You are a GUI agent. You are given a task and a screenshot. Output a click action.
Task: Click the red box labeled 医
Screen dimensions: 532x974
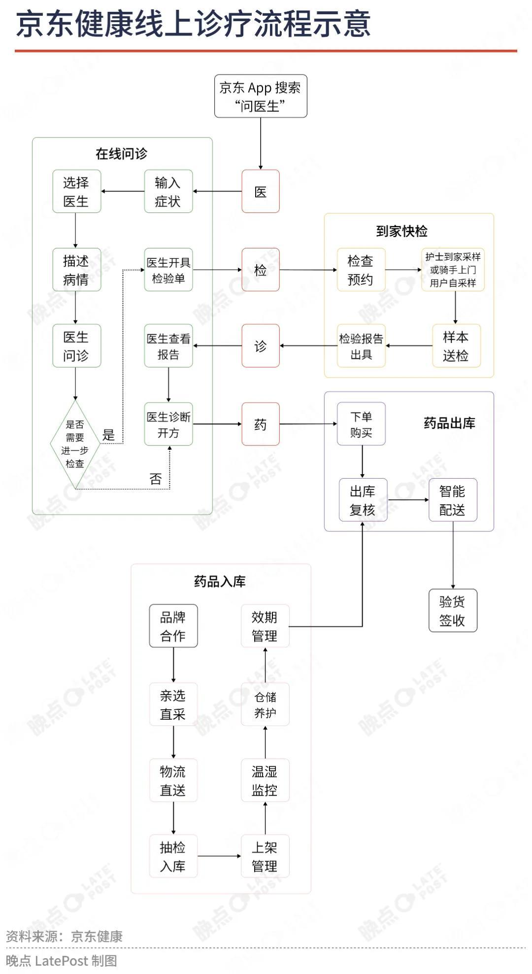coord(261,191)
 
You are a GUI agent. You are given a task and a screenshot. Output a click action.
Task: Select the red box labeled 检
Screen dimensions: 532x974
coord(261,270)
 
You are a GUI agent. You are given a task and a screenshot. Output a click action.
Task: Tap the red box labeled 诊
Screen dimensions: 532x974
coord(261,346)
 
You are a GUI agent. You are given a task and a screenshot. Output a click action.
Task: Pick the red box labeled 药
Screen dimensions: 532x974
coord(261,424)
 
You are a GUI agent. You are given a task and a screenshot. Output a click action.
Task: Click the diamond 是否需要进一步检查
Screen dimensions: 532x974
coord(75,444)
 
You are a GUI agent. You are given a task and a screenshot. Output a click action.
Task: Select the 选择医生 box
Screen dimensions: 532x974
coord(77,191)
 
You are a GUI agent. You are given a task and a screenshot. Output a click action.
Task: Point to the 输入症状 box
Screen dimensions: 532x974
coord(168,191)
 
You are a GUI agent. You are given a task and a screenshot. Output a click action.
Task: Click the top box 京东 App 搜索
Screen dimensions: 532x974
coord(261,96)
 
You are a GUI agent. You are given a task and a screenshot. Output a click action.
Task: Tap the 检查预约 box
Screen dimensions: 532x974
coord(361,270)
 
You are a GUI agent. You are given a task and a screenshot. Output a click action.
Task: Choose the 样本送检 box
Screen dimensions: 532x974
coord(456,346)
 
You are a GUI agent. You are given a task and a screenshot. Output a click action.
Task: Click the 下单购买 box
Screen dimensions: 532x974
coord(361,424)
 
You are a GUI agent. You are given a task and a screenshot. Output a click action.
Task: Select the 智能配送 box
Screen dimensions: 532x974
coord(453,500)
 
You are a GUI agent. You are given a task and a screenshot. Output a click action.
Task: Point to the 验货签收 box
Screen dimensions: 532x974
coord(453,610)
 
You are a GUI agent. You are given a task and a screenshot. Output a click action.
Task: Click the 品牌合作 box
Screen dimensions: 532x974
coord(173,626)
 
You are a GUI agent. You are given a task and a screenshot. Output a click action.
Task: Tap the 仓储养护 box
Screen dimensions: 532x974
coord(265,704)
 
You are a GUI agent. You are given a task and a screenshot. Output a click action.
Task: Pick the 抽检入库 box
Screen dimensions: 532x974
coord(173,856)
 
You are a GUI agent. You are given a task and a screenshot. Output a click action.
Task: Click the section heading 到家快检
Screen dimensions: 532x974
coord(402,231)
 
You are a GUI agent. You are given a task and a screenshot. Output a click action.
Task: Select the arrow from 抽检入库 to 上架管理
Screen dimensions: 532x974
coord(219,856)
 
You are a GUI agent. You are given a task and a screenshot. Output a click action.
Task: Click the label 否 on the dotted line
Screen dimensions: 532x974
coord(156,479)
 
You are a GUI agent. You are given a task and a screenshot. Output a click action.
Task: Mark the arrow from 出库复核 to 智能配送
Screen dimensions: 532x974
coord(408,500)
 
